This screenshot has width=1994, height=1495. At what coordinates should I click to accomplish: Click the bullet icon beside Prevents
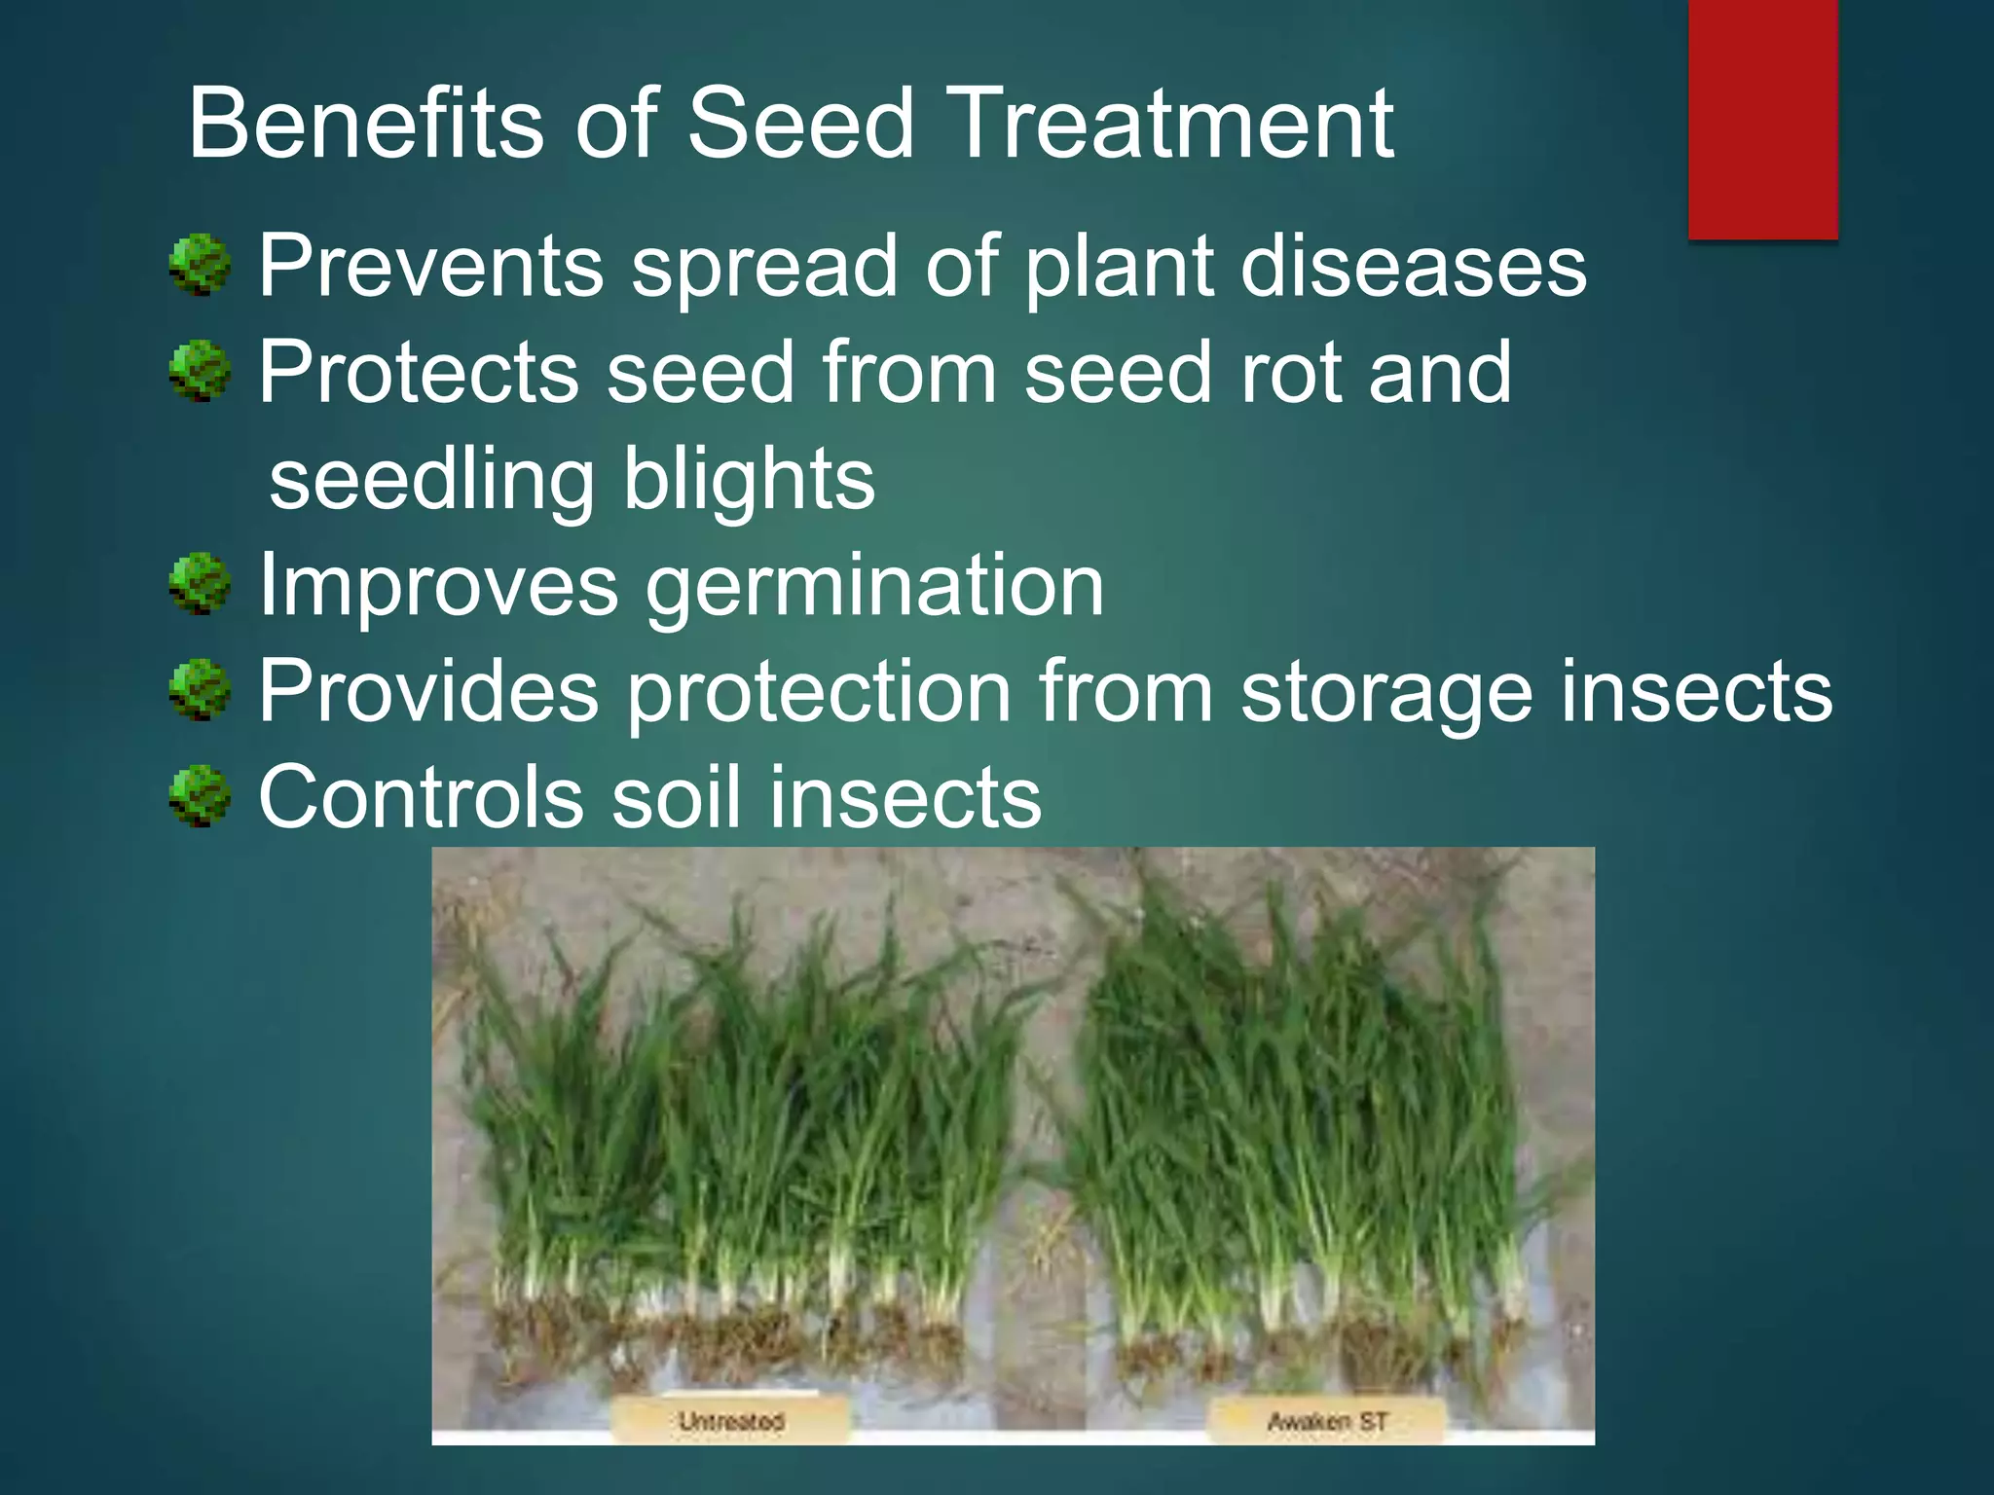coord(200,265)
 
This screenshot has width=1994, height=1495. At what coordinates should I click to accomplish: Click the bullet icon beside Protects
coord(200,371)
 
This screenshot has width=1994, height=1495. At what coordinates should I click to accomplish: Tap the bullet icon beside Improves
coord(200,584)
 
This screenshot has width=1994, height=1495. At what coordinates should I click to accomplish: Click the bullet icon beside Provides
coord(200,690)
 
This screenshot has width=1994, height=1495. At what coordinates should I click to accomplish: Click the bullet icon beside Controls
coord(200,796)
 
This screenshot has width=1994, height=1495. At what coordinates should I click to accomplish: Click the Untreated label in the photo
coord(730,1421)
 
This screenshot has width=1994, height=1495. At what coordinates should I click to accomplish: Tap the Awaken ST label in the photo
coord(1326,1422)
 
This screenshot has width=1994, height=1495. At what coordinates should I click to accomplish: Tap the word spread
coord(762,268)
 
